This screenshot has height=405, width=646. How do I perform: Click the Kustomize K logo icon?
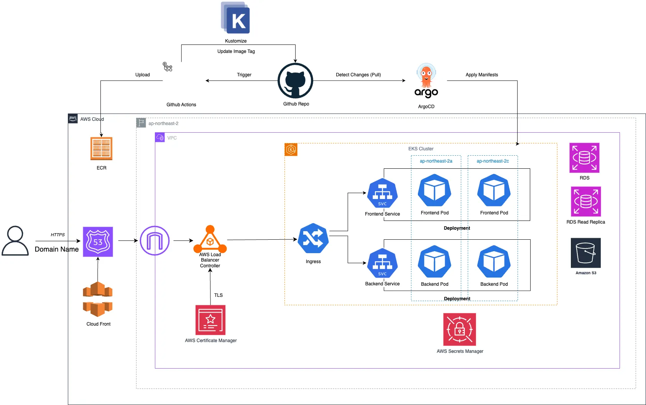[235, 18]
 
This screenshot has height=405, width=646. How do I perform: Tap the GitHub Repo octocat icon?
[295, 81]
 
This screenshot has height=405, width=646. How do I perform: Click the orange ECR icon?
[101, 148]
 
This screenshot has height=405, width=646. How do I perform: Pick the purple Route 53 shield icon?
[98, 242]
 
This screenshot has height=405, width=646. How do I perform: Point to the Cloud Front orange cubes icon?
[98, 299]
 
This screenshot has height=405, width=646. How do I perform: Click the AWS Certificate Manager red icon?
[210, 320]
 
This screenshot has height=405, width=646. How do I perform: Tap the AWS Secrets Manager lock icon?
[460, 329]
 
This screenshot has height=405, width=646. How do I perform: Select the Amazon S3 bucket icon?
[585, 253]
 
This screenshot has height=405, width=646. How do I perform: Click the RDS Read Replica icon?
[586, 202]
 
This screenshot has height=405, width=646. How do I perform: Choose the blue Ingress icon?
[313, 238]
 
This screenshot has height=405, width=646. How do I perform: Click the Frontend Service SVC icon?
[382, 193]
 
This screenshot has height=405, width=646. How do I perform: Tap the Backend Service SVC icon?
[382, 263]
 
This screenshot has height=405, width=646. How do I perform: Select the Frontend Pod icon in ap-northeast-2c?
[494, 191]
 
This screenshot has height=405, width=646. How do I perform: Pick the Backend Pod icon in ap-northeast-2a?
[434, 262]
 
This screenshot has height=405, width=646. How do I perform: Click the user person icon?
[15, 241]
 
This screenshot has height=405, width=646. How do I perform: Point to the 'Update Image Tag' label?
[236, 51]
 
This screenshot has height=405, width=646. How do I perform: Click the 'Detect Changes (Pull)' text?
[358, 75]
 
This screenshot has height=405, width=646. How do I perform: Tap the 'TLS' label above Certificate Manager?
[219, 295]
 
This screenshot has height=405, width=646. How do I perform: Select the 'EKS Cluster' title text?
[421, 149]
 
